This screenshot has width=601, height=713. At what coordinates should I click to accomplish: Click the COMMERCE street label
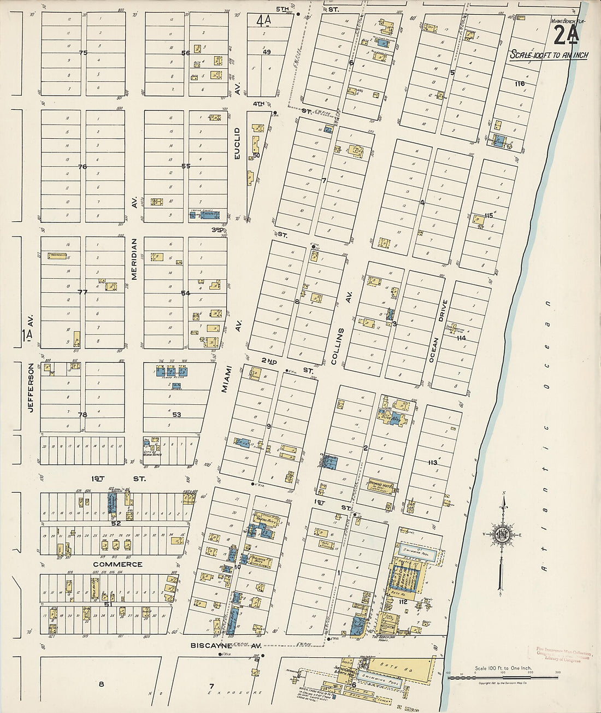click(x=117, y=564)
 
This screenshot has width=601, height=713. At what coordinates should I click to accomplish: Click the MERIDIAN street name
click(x=134, y=258)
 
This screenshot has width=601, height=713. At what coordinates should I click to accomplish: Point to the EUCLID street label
click(x=237, y=143)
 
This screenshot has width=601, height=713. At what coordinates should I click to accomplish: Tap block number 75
click(x=83, y=53)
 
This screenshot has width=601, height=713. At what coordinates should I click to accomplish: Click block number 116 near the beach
click(x=519, y=84)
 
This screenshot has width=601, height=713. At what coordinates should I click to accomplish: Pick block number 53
click(x=176, y=415)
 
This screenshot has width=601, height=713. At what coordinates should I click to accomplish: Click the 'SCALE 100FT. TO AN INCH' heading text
click(x=548, y=55)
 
